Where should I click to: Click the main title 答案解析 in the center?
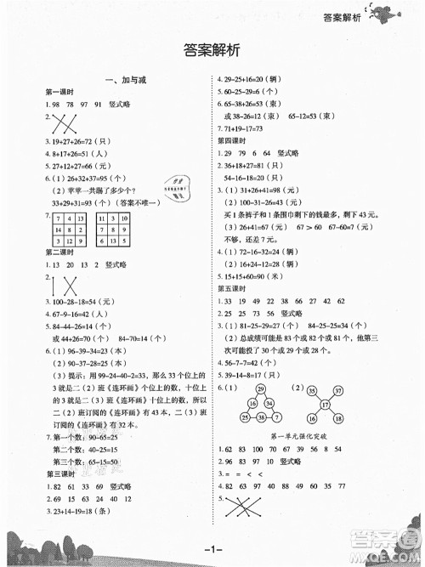pyautogui.click(x=212, y=50)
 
